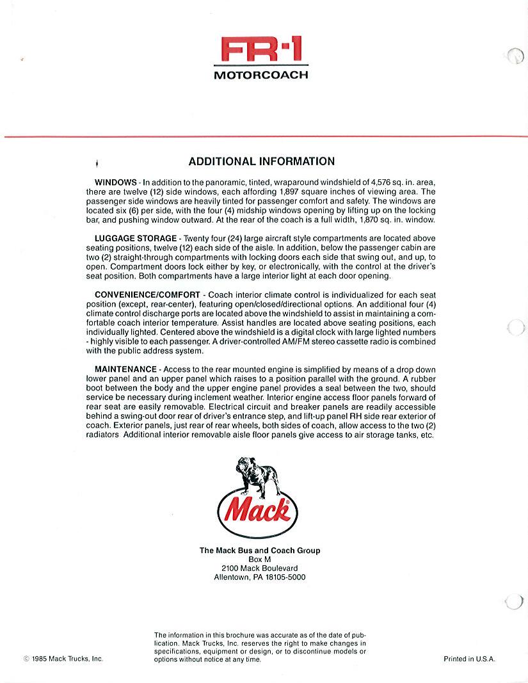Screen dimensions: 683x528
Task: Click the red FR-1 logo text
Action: (x=260, y=50)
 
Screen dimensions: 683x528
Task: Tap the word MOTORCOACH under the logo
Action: (x=260, y=74)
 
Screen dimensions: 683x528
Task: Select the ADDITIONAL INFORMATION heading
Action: (x=261, y=161)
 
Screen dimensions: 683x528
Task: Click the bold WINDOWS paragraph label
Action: (x=116, y=182)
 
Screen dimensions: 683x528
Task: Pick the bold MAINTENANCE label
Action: (x=125, y=369)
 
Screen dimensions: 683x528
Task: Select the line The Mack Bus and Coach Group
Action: (x=260, y=550)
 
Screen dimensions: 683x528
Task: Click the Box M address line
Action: (x=259, y=559)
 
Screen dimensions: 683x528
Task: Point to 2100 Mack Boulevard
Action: (x=259, y=568)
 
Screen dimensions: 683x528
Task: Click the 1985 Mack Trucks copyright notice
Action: (x=63, y=659)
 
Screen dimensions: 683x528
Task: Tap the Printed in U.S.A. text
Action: (x=469, y=659)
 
